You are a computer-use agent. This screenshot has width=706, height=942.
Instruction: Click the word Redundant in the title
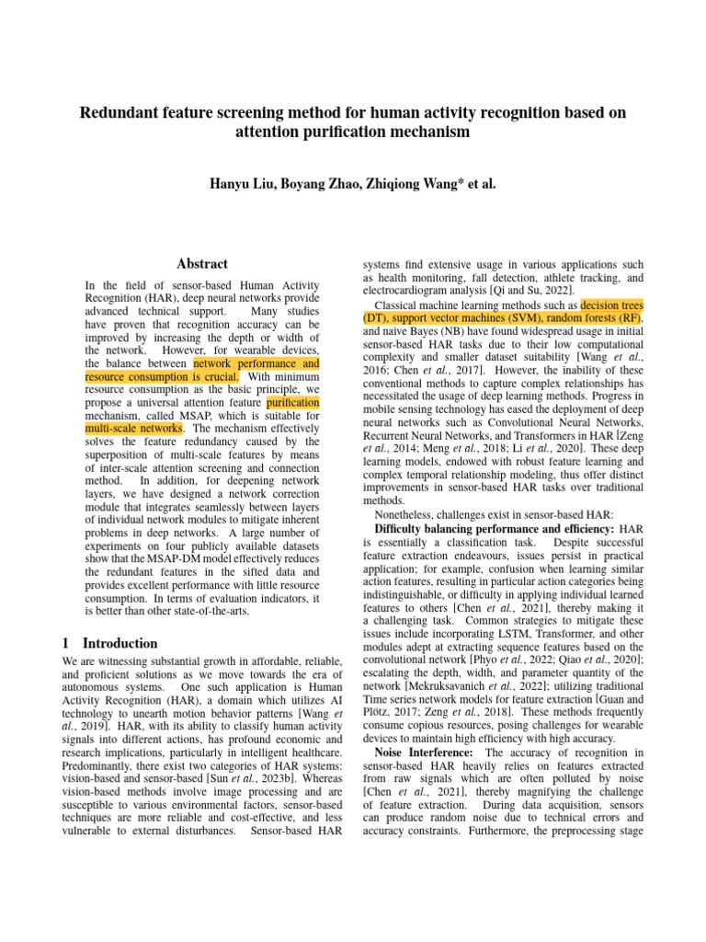121,113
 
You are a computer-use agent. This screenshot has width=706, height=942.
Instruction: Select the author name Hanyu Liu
246,184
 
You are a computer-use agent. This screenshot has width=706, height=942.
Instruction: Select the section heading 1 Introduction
109,644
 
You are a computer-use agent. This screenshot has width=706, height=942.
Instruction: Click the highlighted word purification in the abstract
293,403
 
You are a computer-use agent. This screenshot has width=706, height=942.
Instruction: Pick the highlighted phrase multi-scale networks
133,429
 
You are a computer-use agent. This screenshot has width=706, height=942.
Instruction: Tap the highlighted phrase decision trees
612,304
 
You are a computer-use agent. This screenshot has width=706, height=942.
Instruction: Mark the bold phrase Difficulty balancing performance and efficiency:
495,530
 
